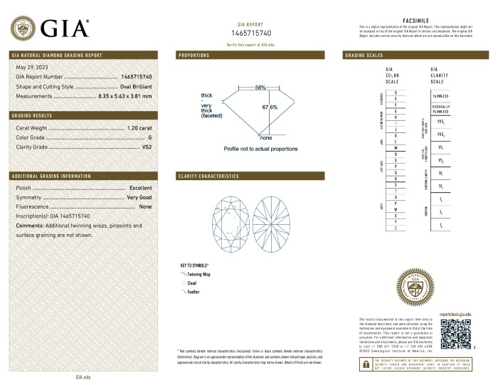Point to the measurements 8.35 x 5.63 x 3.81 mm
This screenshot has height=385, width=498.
pos(125,95)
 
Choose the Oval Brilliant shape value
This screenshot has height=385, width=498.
pos(137,85)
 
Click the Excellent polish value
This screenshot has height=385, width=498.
pos(141,187)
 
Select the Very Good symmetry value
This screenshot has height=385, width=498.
pos(139,196)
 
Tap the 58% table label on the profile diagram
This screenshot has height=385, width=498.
pos(260,87)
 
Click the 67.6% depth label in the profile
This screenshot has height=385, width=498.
pos(270,107)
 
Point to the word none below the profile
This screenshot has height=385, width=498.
pos(266,137)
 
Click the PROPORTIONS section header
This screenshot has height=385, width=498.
pos(194,55)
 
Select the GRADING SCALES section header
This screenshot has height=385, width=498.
pos(364,55)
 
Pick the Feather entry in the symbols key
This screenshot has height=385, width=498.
pos(194,292)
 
